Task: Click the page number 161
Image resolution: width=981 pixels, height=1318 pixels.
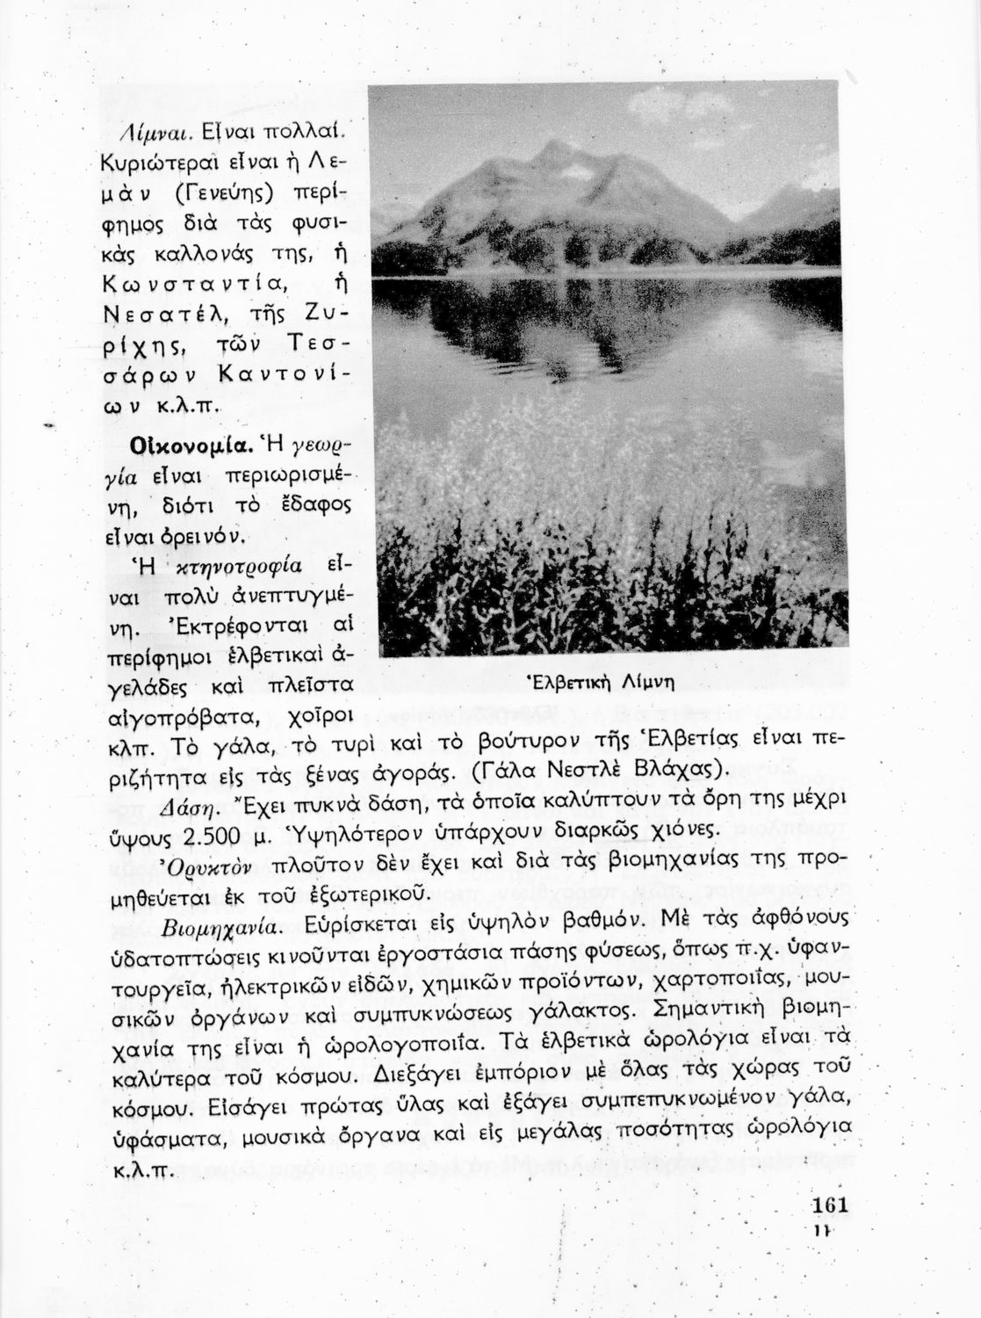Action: (829, 1205)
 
